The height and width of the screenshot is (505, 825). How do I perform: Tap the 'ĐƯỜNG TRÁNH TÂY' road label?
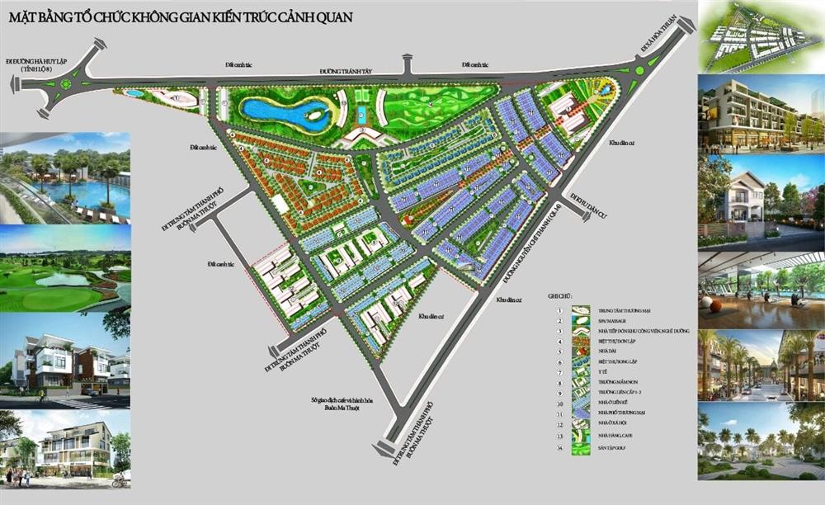point(347,72)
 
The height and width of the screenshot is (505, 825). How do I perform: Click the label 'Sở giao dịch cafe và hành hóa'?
point(342,400)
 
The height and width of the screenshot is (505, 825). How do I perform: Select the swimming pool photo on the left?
point(65,177)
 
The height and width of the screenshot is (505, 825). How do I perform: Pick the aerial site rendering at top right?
point(761,36)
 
